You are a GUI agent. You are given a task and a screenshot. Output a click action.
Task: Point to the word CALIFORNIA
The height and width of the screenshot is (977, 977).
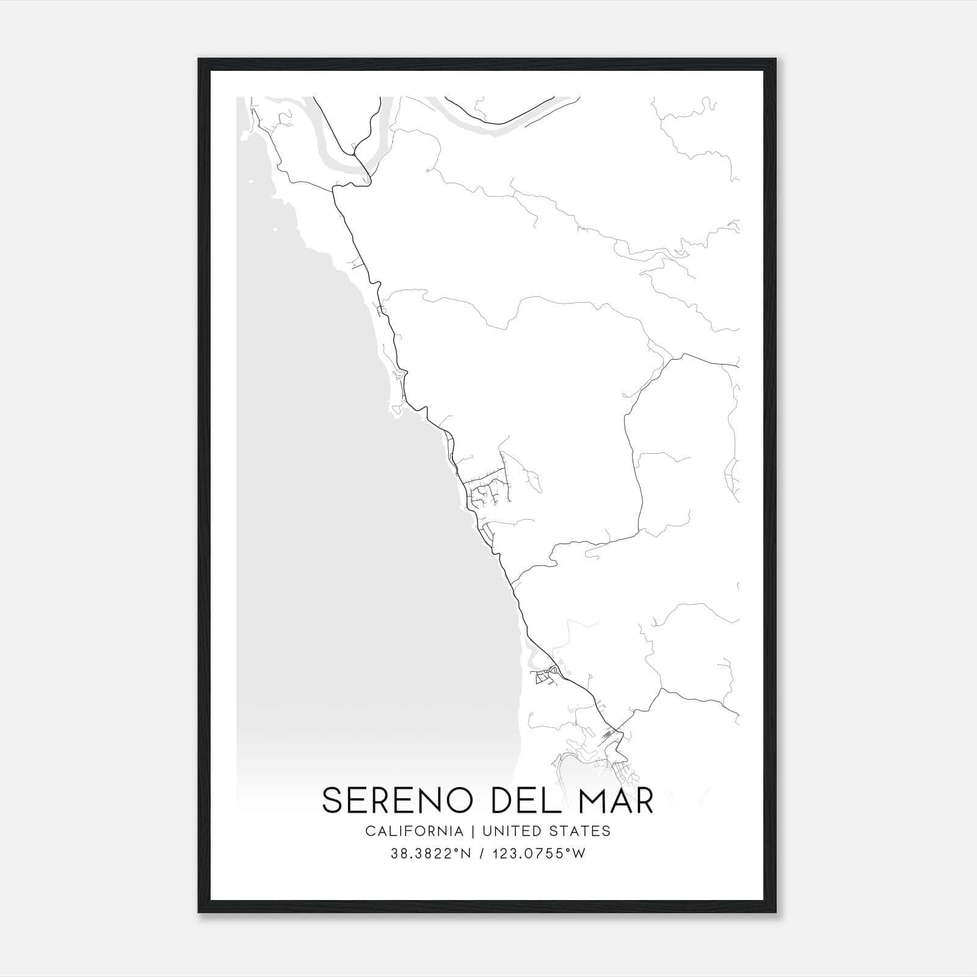(x=414, y=831)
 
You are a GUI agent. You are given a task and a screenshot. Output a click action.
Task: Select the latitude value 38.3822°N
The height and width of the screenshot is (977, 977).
(x=428, y=854)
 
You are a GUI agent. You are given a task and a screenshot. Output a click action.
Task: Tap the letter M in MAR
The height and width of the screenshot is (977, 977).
(x=593, y=801)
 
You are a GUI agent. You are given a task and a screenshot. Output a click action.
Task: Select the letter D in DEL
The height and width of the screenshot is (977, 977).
(x=502, y=801)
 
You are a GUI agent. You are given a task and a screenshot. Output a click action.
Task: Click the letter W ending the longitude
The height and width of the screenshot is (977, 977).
(x=579, y=854)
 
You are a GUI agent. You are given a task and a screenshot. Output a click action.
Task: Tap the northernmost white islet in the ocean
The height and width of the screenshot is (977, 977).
(x=250, y=181)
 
